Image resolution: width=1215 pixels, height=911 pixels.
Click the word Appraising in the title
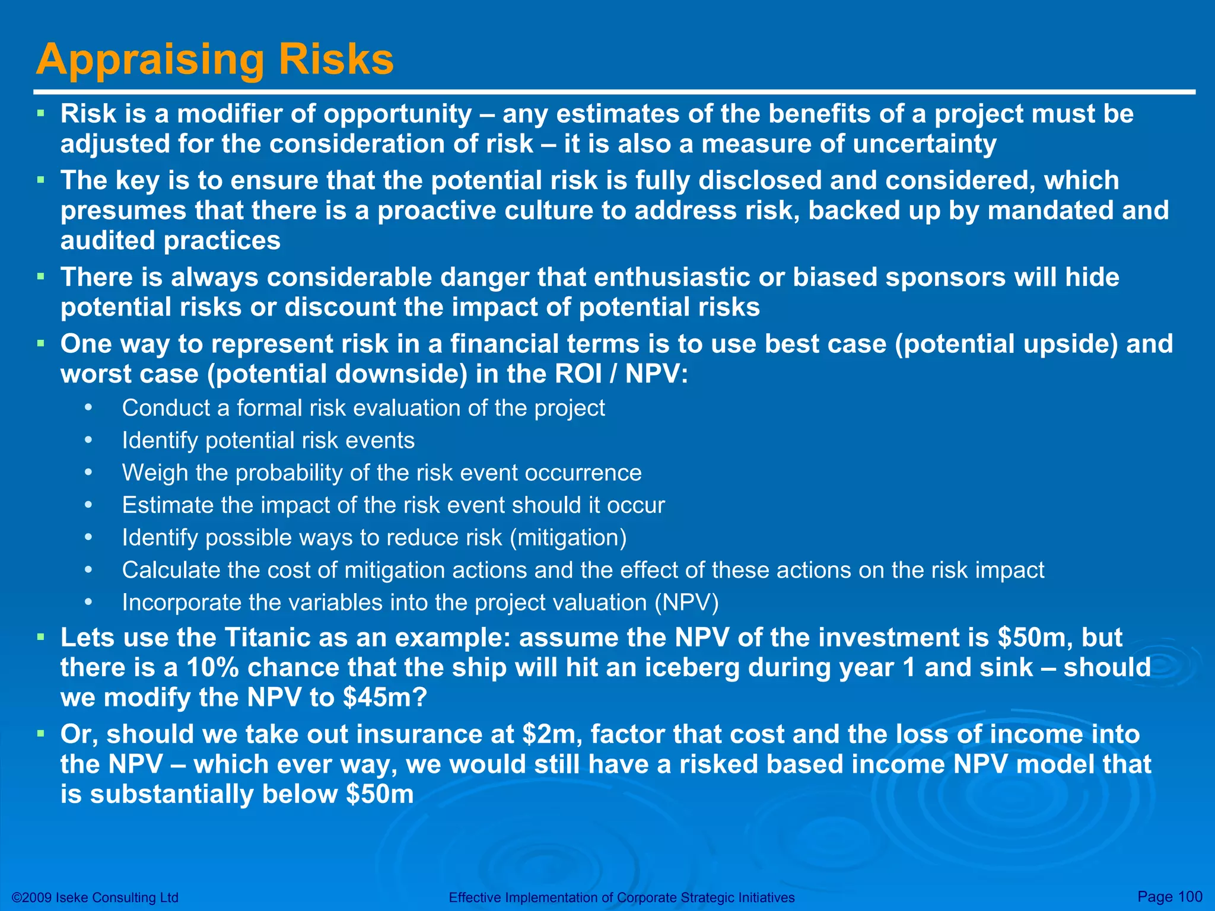pyautogui.click(x=150, y=60)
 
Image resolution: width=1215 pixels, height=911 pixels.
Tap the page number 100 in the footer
pyautogui.click(x=1189, y=897)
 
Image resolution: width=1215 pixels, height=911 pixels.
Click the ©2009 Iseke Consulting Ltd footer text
pyautogui.click(x=95, y=897)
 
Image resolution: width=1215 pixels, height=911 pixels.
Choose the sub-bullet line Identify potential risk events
pyautogui.click(x=268, y=441)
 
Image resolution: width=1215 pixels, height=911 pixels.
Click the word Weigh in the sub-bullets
pyautogui.click(x=154, y=473)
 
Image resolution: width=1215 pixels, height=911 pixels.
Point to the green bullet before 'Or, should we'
pyautogui.click(x=40, y=734)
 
